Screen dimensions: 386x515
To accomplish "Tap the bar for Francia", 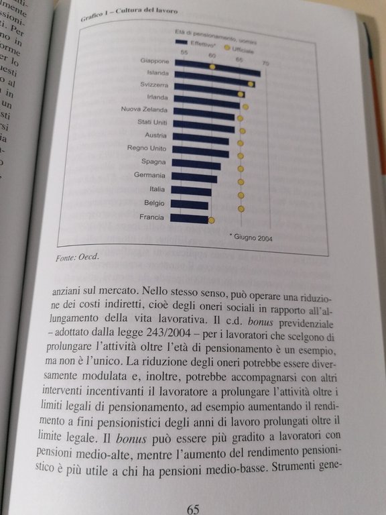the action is point(190,218).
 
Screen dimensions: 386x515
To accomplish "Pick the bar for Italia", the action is point(191,191).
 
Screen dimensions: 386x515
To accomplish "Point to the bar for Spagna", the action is point(196,165).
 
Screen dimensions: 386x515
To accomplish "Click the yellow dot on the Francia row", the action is point(212,219).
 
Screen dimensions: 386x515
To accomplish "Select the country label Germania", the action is point(150,176).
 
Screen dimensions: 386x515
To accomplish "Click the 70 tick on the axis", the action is point(266,63).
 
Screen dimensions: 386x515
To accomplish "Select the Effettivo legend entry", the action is point(194,43).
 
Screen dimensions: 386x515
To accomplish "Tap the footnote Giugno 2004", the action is point(250,237).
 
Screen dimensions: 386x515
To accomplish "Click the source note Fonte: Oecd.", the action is point(74,257).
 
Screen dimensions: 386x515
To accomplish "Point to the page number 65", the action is point(194,508).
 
